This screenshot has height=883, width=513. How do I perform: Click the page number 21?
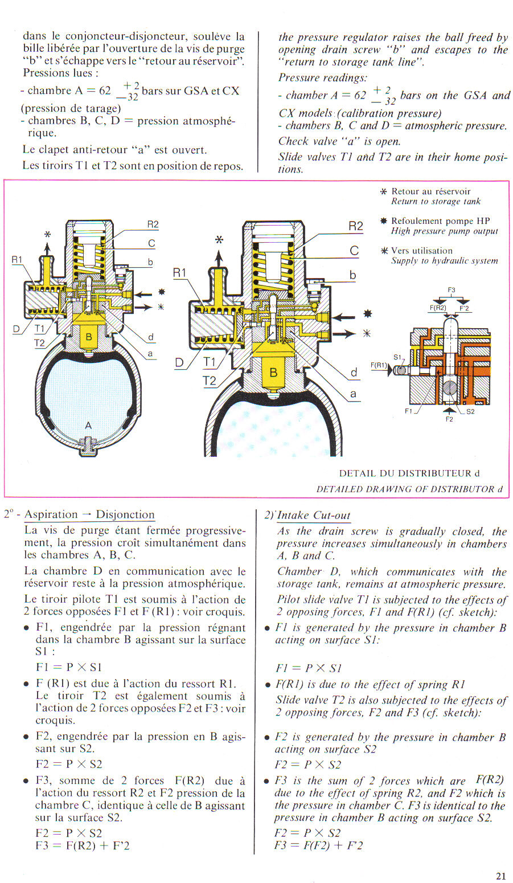pos(500,876)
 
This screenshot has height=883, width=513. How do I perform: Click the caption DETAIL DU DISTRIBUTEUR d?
pos(409,473)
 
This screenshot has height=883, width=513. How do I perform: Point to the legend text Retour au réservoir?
pos(430,191)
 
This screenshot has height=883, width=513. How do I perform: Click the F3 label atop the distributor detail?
pos(452,290)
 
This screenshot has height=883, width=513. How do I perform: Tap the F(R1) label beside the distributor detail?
pos(379,365)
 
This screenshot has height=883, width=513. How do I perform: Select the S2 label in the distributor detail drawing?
pos(470,411)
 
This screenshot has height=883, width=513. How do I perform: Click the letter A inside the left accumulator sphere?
pos(88,425)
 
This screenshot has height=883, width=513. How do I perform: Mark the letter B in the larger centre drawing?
pos(273,373)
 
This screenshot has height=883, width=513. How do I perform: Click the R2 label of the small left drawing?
pos(153,224)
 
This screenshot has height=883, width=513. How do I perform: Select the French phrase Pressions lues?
pos(61,73)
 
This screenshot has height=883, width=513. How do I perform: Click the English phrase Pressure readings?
pos(323,78)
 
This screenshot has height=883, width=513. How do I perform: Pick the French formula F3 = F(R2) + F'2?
pos(83,845)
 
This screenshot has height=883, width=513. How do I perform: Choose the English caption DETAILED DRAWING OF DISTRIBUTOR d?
pos(409,489)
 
